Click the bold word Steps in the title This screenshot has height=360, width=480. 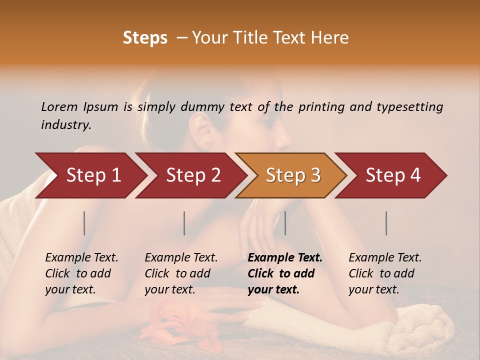[x=145, y=38]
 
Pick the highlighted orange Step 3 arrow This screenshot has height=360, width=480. [x=293, y=175]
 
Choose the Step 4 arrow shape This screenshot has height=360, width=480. [x=393, y=175]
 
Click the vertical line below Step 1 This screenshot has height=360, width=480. [x=84, y=223]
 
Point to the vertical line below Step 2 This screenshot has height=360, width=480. [x=184, y=223]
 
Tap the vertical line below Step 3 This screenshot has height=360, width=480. [x=285, y=223]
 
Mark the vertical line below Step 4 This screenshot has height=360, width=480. [x=386, y=223]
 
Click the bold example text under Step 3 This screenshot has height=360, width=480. [x=285, y=273]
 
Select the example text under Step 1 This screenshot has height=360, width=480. [x=81, y=273]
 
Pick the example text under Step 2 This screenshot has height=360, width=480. [x=181, y=273]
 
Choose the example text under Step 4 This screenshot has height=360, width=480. [x=385, y=273]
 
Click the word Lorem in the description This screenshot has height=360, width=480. [x=59, y=106]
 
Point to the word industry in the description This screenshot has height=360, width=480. [x=66, y=125]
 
